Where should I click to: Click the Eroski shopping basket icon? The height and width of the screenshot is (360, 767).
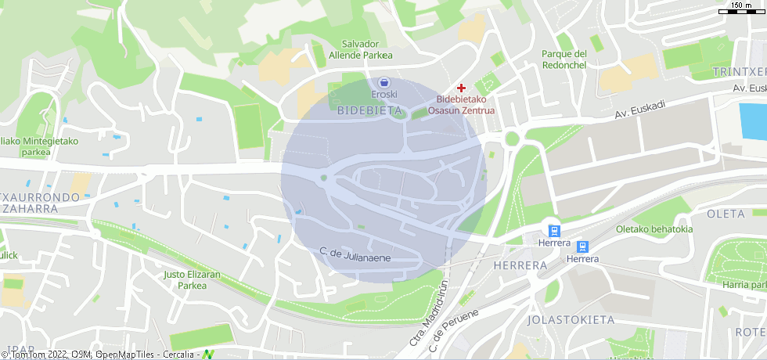pyautogui.click(x=383, y=81)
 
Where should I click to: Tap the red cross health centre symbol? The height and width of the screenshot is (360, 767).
pyautogui.click(x=461, y=88)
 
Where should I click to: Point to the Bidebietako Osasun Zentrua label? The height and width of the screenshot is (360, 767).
pyautogui.click(x=466, y=105)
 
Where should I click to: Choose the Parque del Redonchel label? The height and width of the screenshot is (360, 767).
pyautogui.click(x=564, y=59)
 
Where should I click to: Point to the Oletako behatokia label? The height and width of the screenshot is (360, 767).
pyautogui.click(x=654, y=229)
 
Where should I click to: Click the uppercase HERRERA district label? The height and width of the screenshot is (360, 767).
pyautogui.click(x=520, y=265)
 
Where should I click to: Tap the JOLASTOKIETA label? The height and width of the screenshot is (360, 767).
pyautogui.click(x=570, y=320)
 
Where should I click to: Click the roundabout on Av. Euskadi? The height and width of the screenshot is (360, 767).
pyautogui.click(x=513, y=139)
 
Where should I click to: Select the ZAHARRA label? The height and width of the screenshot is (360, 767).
pyautogui.click(x=31, y=209)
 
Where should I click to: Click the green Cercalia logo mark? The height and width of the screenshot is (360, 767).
pyautogui.click(x=208, y=354)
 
